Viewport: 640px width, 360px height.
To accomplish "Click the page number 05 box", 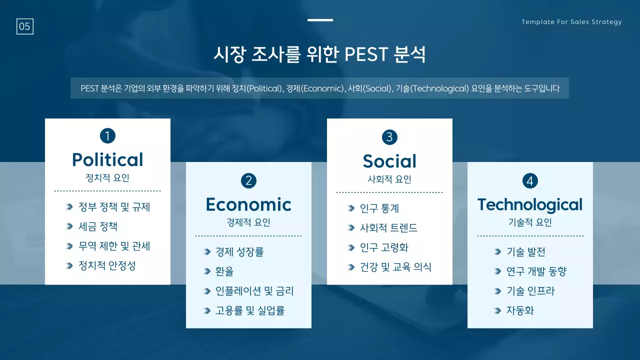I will (25, 26).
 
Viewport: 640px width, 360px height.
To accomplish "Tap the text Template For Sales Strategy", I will (571, 22).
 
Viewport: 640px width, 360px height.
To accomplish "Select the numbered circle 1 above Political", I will (107, 135).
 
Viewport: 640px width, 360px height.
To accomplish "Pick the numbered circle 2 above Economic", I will (248, 180).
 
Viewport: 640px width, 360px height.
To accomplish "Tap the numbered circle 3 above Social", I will (389, 137).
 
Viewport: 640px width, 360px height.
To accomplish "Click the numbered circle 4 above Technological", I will (530, 180).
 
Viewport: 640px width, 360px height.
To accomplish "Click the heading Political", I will (107, 159).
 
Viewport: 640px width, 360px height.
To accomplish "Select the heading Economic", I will (248, 204).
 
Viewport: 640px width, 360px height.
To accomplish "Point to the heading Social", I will (389, 161).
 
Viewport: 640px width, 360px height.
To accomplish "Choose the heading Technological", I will (530, 204).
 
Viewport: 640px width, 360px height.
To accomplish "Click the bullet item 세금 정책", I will (98, 226).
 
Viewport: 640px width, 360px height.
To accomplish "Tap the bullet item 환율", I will (224, 271).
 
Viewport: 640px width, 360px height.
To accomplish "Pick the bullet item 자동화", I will (520, 310).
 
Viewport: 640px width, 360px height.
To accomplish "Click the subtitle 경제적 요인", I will (248, 222).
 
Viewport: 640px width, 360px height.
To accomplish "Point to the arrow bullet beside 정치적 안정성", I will (69, 265).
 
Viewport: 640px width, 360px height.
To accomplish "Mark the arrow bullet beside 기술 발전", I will (497, 252).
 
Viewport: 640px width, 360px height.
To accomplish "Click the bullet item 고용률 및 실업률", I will (250, 310).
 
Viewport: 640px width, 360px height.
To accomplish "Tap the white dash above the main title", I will (320, 20).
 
